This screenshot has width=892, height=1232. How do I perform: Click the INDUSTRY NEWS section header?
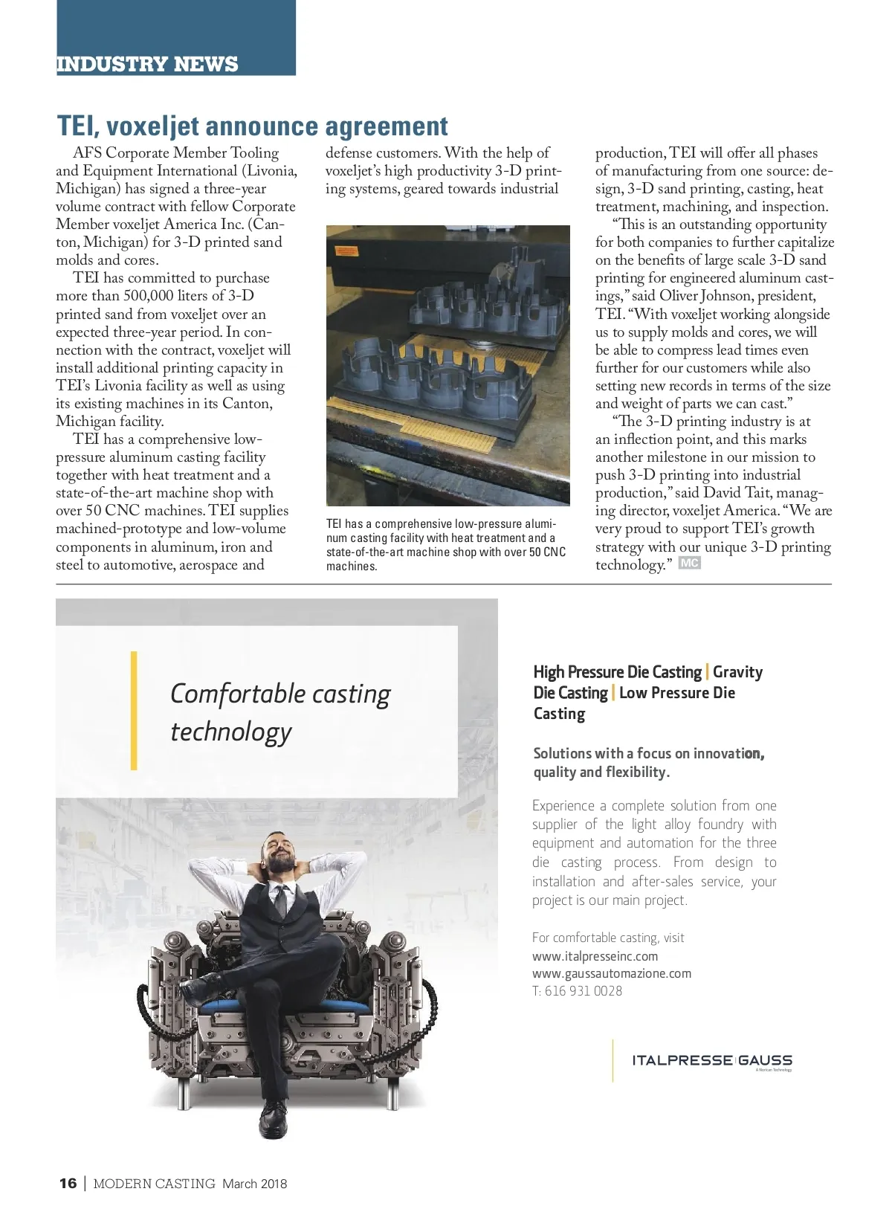click(x=147, y=64)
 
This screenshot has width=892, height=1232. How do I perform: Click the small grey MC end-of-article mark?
click(x=689, y=564)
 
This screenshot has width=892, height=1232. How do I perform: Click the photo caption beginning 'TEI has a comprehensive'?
click(x=445, y=545)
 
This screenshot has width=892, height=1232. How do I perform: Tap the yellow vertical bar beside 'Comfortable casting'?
click(x=134, y=710)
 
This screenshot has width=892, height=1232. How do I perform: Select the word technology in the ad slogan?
click(x=230, y=732)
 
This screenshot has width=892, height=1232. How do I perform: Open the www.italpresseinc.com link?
click(x=595, y=956)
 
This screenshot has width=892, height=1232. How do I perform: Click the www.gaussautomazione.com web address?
click(x=611, y=973)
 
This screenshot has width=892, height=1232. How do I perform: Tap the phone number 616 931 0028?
click(x=584, y=991)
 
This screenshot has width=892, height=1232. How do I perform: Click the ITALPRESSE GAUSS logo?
click(x=711, y=1061)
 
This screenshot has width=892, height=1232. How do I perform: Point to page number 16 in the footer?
click(x=68, y=1184)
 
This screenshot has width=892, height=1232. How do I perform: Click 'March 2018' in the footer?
click(x=254, y=1184)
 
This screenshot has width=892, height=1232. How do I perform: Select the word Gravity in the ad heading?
click(x=737, y=672)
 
